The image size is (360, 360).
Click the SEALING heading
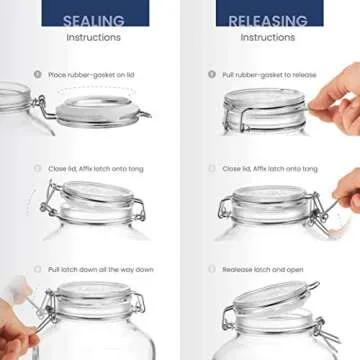coord(94,20)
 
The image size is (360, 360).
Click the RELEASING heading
coord(268,20)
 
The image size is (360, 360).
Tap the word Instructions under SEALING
coord(94,37)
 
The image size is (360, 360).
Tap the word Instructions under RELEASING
coord(268,37)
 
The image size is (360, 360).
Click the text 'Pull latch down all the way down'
coord(100,269)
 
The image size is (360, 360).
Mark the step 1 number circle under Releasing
coord(211,74)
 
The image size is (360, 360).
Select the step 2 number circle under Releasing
coord(211,169)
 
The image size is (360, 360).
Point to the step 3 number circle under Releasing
coord(211,269)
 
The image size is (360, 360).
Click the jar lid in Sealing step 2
coord(95,197)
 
